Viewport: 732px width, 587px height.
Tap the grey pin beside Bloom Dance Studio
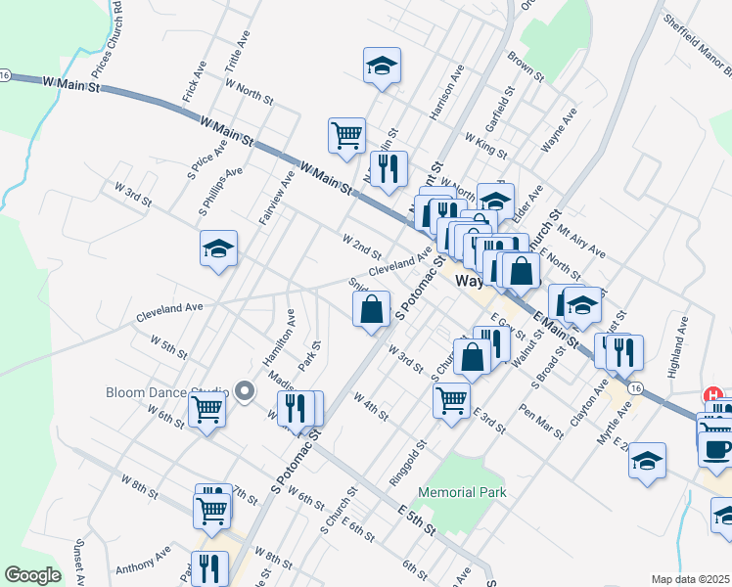pyautogui.click(x=245, y=392)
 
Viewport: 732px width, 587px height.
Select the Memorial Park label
pyautogui.click(x=463, y=492)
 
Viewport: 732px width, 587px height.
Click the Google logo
pyautogui.click(x=32, y=575)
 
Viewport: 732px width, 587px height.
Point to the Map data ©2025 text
pyautogui.click(x=690, y=579)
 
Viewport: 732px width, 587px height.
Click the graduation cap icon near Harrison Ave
pyautogui.click(x=382, y=66)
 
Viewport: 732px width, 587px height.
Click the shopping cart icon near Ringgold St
pyautogui.click(x=451, y=399)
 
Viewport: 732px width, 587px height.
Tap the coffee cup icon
pyautogui.click(x=716, y=449)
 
